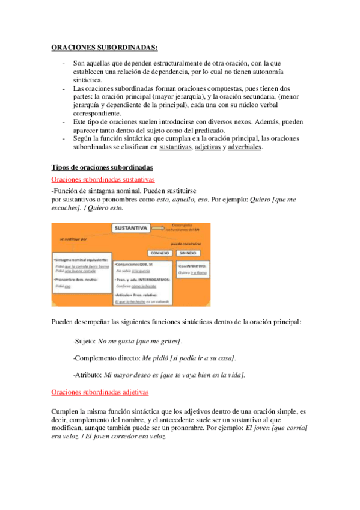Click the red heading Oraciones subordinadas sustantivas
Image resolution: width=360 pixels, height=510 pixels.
103,179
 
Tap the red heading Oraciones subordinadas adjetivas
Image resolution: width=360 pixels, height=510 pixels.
100,392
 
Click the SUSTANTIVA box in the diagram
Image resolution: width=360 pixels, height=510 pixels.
131,228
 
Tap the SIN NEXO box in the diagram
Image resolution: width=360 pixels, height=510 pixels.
191,253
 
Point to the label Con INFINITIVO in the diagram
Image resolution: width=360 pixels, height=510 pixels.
193,265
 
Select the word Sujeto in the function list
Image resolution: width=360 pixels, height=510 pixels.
84,341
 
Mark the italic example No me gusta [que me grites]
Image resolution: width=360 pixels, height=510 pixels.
140,341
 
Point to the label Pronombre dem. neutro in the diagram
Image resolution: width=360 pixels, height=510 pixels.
76,280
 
